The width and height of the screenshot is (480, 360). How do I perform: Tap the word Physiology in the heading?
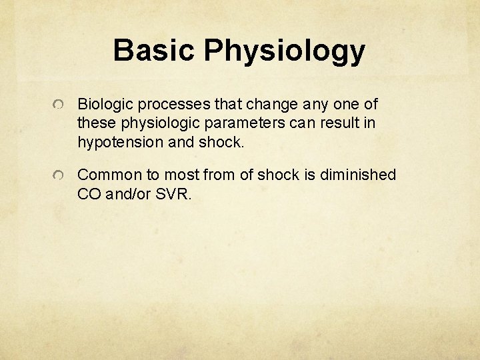point(285,52)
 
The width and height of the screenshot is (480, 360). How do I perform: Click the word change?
point(273,105)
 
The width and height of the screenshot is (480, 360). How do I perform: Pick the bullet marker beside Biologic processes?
point(60,105)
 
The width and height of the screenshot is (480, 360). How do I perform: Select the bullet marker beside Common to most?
point(60,175)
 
